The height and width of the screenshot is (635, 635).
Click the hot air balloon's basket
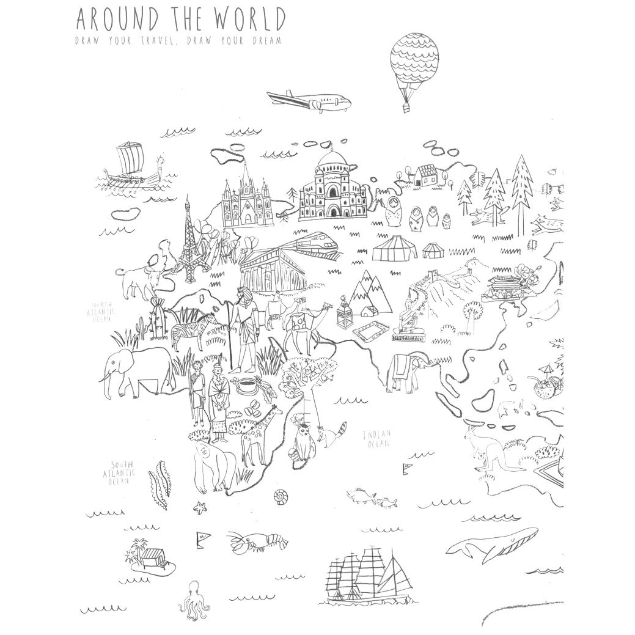point(406,108)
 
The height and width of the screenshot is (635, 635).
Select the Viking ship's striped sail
point(129,159)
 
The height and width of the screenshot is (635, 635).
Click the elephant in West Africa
point(138,370)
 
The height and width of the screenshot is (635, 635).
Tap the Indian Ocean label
point(377,439)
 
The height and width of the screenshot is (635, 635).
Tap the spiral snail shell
point(281,497)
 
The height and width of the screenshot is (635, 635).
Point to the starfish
point(199,506)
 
